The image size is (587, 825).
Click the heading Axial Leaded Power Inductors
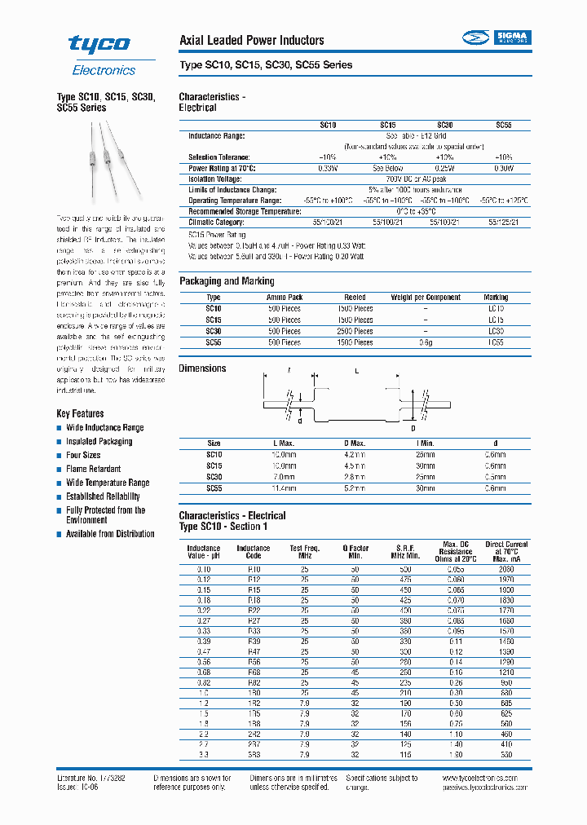(x=251, y=40)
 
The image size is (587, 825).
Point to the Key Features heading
(x=80, y=413)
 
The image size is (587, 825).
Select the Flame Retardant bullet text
(x=93, y=469)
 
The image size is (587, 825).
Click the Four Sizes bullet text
(x=83, y=455)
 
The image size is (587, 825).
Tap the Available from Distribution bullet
(x=110, y=534)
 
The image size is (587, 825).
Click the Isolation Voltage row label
(x=214, y=179)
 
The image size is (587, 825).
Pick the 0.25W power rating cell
(x=444, y=168)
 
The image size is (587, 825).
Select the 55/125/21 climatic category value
(x=502, y=222)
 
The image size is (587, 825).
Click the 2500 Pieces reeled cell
(x=355, y=332)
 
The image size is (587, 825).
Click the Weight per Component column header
(x=426, y=298)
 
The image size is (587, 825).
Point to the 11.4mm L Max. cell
(x=284, y=488)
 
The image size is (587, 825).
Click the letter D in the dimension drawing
(x=412, y=428)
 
